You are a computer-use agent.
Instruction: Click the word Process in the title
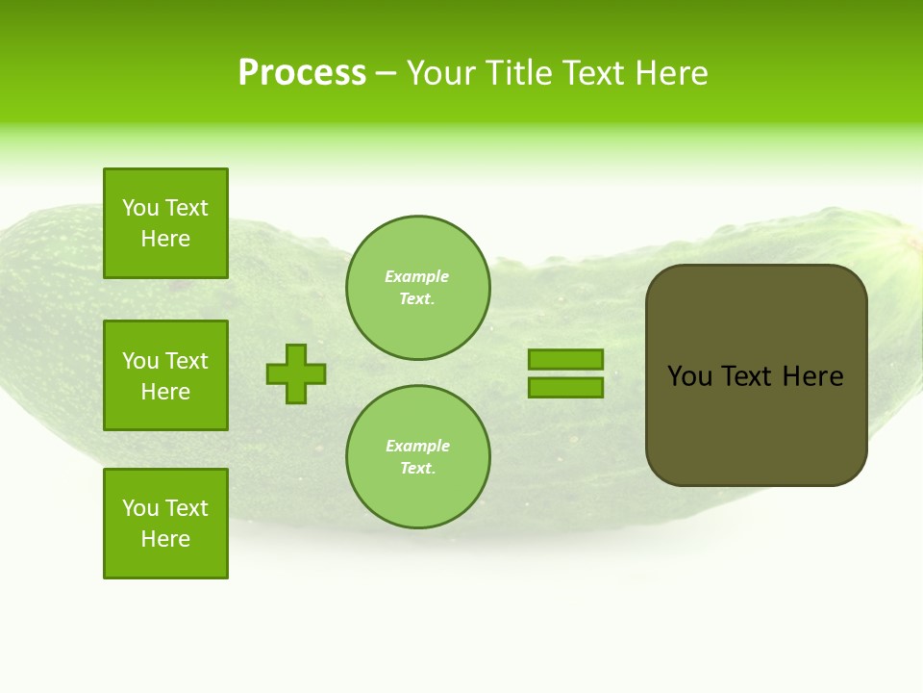pyautogui.click(x=302, y=73)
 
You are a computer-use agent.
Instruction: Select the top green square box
pyautogui.click(x=165, y=223)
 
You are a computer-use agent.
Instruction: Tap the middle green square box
pyautogui.click(x=165, y=375)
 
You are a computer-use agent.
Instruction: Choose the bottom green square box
pyautogui.click(x=165, y=524)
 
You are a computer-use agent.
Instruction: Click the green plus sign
pyautogui.click(x=296, y=373)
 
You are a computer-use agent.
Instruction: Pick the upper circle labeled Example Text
pyautogui.click(x=417, y=288)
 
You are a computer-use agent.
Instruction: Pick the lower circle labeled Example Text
pyautogui.click(x=417, y=457)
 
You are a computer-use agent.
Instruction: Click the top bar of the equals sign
pyautogui.click(x=565, y=360)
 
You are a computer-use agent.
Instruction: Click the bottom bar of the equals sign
pyautogui.click(x=565, y=387)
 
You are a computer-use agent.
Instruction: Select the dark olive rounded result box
pyautogui.click(x=756, y=423)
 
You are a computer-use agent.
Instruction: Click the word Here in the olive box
pyautogui.click(x=812, y=376)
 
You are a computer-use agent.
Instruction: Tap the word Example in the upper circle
pyautogui.click(x=416, y=276)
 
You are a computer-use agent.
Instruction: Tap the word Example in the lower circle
pyautogui.click(x=417, y=446)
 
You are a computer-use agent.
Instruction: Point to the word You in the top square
pyautogui.click(x=140, y=208)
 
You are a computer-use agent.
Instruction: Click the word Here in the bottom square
pyautogui.click(x=165, y=539)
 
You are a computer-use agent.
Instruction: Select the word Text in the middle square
pyautogui.click(x=187, y=361)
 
